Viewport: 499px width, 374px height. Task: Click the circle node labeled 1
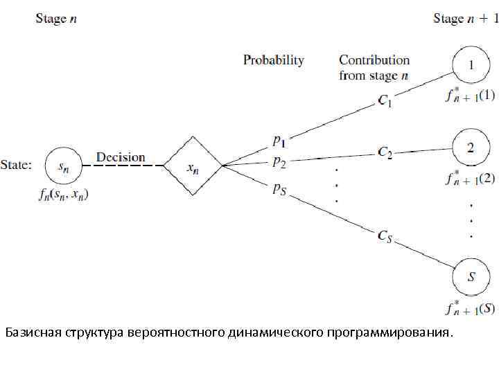click(x=471, y=65)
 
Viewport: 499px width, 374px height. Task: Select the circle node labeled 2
click(x=471, y=148)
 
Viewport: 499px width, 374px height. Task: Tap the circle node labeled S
click(x=471, y=277)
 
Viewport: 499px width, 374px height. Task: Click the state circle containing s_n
click(x=63, y=166)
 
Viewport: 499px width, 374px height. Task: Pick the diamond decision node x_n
click(x=192, y=166)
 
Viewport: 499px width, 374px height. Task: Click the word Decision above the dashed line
click(x=121, y=157)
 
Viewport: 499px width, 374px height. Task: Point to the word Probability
click(x=273, y=60)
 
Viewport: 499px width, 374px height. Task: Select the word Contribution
click(x=374, y=60)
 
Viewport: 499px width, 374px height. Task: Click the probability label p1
click(x=279, y=141)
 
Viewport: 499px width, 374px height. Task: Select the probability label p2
click(x=279, y=162)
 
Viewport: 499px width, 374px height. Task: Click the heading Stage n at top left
click(x=56, y=19)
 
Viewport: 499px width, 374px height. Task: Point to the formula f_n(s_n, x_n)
click(x=64, y=195)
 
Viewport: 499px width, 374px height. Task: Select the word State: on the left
click(x=16, y=166)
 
